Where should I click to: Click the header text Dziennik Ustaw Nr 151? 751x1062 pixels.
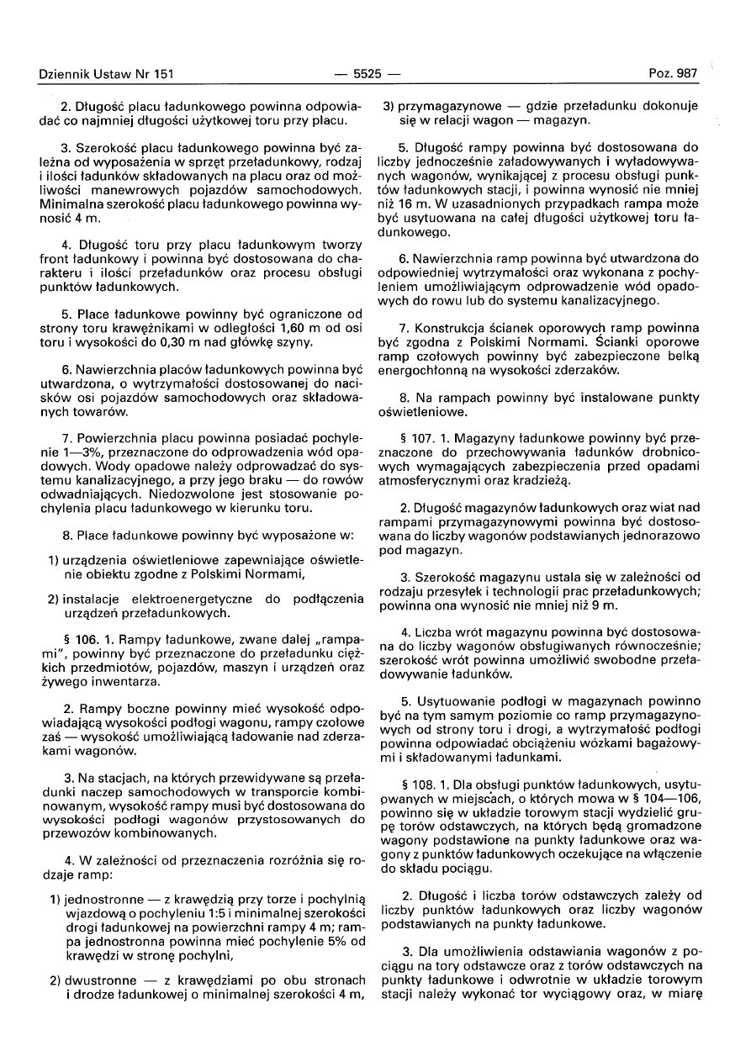click(x=106, y=74)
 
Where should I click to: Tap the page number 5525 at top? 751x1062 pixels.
click(x=368, y=74)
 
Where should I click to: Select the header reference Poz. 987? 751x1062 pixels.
click(x=673, y=74)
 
